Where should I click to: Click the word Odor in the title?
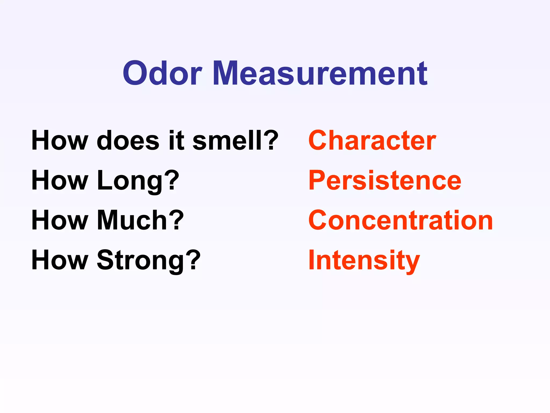(162, 73)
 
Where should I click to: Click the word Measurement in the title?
(320, 73)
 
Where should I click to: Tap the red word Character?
(372, 140)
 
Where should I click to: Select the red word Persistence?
(385, 180)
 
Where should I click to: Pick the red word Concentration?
(400, 220)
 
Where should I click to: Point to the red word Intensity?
(364, 260)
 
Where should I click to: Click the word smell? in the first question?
(235, 140)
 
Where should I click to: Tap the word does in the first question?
(128, 140)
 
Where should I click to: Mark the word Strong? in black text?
(149, 260)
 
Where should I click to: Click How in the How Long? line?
(60, 180)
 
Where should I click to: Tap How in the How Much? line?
(60, 220)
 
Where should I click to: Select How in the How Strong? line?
(60, 260)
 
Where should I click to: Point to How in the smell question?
(60, 140)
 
